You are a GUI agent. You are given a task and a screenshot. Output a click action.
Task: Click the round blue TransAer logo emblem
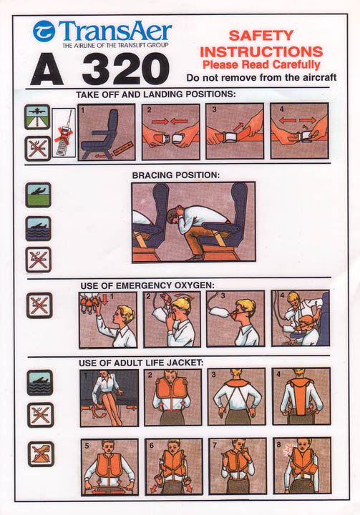tap(44, 31)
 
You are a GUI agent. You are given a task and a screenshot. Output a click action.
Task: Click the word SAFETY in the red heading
tap(261, 36)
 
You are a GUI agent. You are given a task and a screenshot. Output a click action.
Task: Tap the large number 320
tap(126, 69)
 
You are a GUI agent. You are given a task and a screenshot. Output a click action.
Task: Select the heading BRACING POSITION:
tap(175, 175)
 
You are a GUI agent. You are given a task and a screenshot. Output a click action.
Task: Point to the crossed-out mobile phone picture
tap(64, 133)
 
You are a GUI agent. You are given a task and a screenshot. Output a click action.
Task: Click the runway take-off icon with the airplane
tap(37, 117)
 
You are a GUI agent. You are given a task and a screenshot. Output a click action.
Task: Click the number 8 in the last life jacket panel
tap(279, 445)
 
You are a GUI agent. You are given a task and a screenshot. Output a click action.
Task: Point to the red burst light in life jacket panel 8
tap(290, 449)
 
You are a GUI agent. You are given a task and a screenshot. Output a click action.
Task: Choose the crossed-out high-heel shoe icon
tap(41, 454)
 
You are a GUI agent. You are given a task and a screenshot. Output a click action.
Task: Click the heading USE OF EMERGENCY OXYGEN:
tap(147, 285)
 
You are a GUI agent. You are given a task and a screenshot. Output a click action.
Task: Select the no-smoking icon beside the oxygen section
tap(39, 305)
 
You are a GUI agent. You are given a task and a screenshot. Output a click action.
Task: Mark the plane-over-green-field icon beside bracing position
tap(38, 195)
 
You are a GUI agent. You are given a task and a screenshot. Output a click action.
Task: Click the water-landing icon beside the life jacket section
tap(40, 383)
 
